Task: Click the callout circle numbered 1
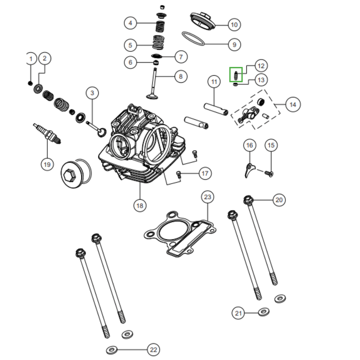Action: click(31, 59)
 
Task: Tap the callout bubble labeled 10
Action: click(234, 24)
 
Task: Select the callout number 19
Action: click(47, 164)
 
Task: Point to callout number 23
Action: click(207, 197)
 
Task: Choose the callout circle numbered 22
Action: click(153, 349)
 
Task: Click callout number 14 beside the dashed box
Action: click(293, 104)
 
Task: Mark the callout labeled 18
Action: click(140, 206)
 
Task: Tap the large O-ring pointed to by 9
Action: click(193, 38)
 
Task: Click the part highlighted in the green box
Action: click(236, 75)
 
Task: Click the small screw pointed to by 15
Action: click(269, 173)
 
